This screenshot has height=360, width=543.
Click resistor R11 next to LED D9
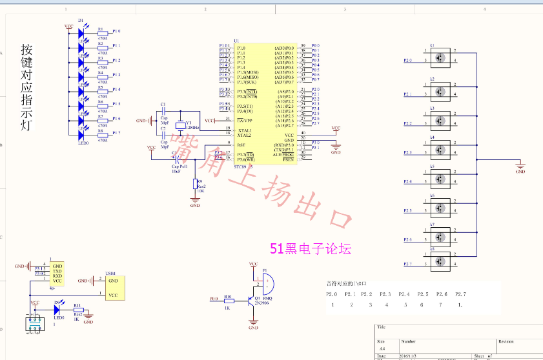coord(77,310)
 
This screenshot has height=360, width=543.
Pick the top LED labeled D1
coord(81,32)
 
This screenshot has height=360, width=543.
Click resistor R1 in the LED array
coord(101,32)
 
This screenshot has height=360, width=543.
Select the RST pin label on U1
coord(241,145)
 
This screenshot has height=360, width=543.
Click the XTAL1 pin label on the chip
coord(244,130)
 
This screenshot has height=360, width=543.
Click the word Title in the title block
coord(382,328)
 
